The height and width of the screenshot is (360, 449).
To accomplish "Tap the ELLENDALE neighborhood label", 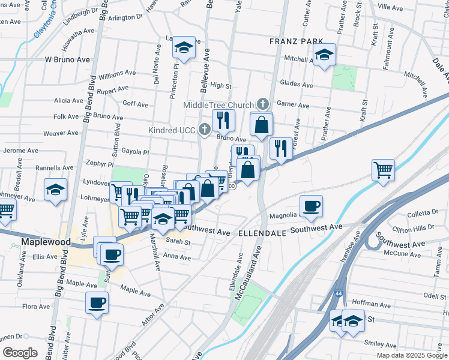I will pos(262,232).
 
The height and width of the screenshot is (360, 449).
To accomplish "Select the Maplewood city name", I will pos(46,242).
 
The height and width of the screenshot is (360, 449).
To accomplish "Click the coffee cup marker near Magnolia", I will pos(311,206).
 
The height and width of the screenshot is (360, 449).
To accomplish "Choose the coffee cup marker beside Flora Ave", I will pos(96,303).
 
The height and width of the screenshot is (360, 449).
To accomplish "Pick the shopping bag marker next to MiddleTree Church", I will pos(262,125).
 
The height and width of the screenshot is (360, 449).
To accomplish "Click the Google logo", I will pos(20,353).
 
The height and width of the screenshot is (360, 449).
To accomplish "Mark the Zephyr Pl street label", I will pos(100,163).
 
